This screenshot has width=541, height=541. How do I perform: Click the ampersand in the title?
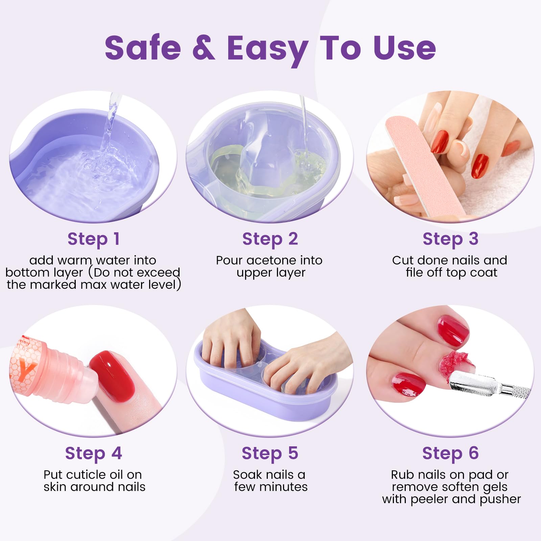[204, 48]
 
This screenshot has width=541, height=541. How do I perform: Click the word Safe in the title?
[143, 48]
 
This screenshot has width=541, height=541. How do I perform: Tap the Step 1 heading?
[94, 239]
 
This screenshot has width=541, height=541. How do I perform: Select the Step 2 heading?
[270, 239]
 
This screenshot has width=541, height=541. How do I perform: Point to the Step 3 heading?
[450, 239]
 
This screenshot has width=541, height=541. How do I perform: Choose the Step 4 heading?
[93, 453]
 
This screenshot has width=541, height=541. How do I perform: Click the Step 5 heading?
[270, 453]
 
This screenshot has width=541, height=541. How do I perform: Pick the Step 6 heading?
[450, 453]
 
